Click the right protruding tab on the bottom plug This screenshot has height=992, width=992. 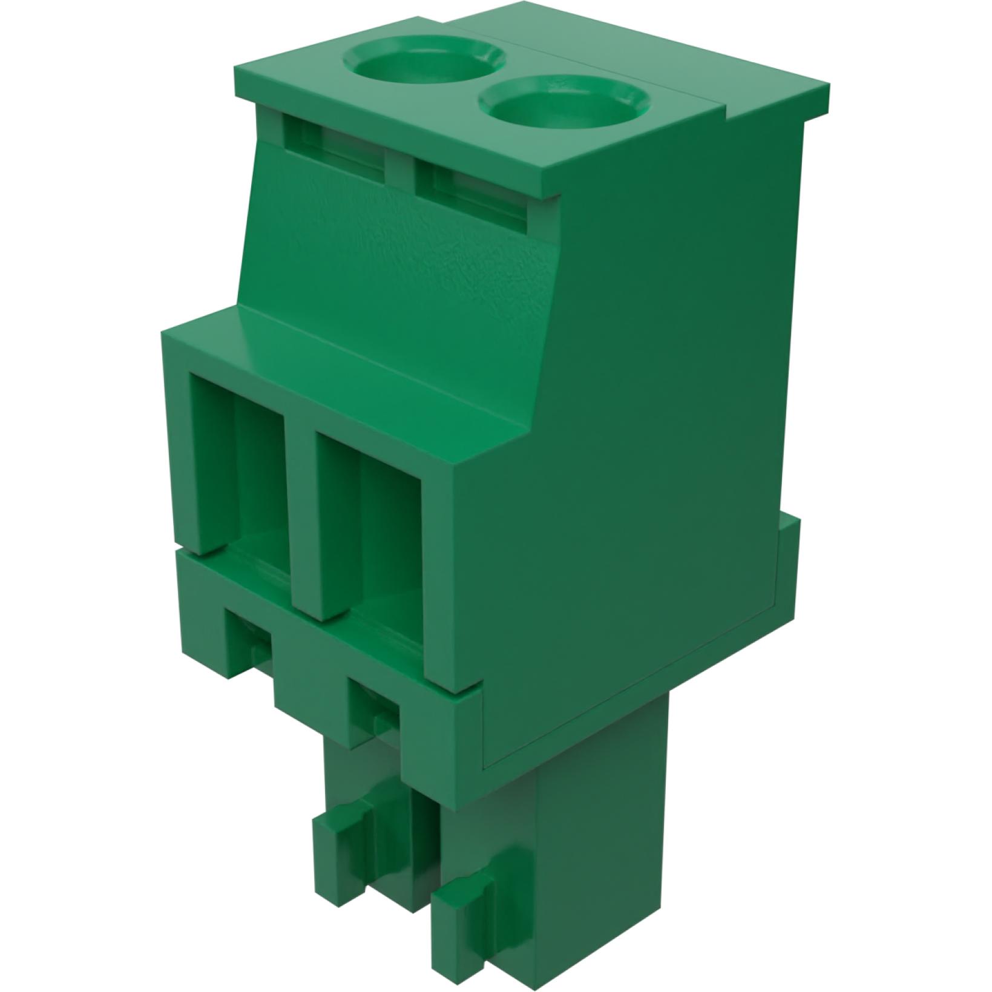click(x=466, y=908)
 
